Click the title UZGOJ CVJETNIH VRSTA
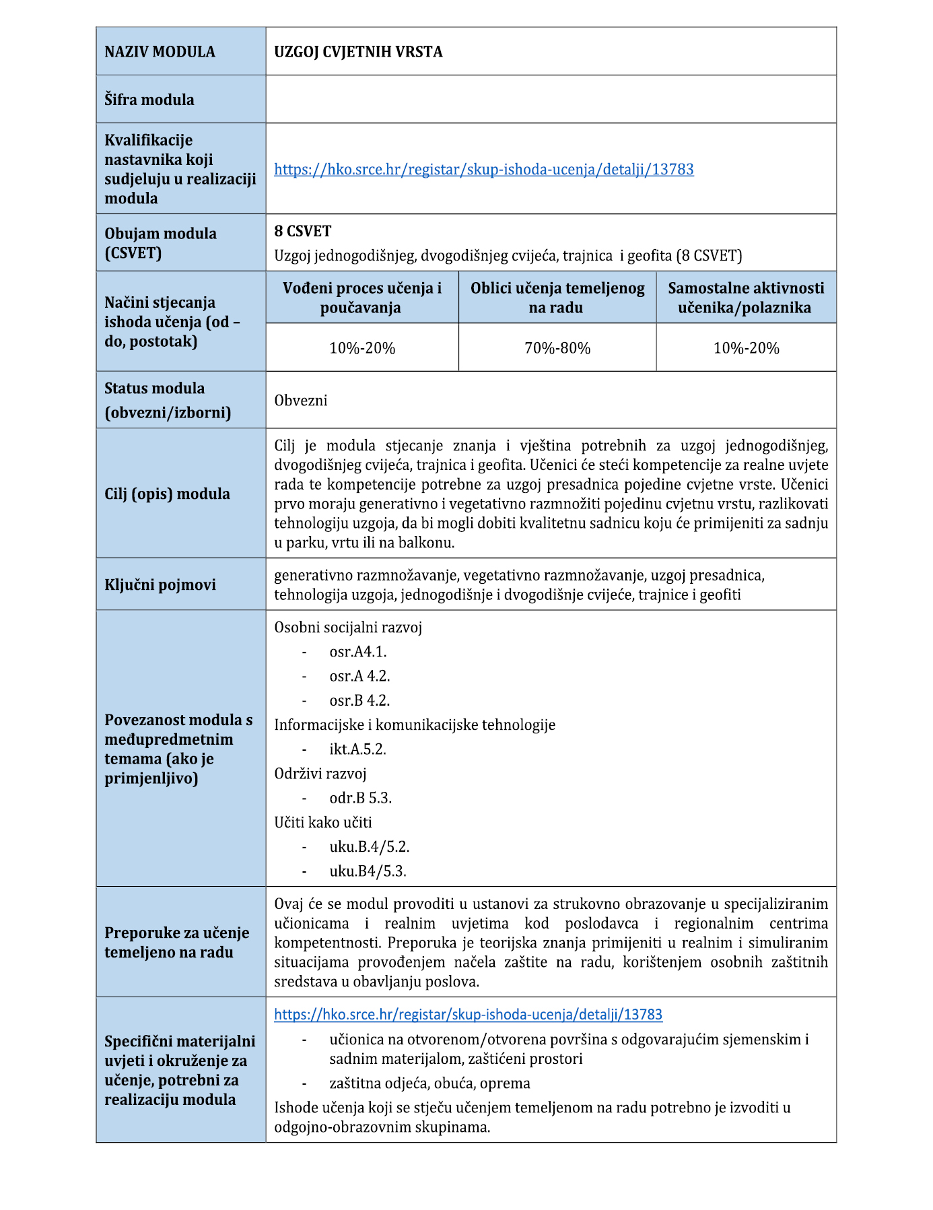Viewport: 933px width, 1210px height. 358,52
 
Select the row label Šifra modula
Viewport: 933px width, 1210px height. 149,100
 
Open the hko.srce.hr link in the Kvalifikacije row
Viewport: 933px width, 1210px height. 483,169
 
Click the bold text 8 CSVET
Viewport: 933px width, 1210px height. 302,231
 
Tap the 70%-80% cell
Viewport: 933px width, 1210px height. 557,348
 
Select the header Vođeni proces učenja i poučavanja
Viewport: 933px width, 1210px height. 362,298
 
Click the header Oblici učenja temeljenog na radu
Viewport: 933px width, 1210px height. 557,298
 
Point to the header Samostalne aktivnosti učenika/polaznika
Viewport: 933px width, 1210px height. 745,298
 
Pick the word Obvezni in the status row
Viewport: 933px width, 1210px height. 300,401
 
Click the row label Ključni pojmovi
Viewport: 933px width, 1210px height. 160,584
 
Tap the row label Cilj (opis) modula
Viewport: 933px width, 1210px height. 167,494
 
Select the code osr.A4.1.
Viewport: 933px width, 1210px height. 357,652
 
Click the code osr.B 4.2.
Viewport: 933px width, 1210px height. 359,700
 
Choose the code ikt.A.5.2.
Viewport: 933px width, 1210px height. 357,749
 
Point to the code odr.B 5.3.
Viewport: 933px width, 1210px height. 360,798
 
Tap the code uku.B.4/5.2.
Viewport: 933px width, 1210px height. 369,846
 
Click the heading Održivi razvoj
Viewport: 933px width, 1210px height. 320,774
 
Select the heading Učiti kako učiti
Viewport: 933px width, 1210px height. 322,822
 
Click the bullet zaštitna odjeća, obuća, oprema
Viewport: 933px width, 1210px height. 429,1083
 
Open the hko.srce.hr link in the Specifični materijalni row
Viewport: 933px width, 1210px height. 468,1014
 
